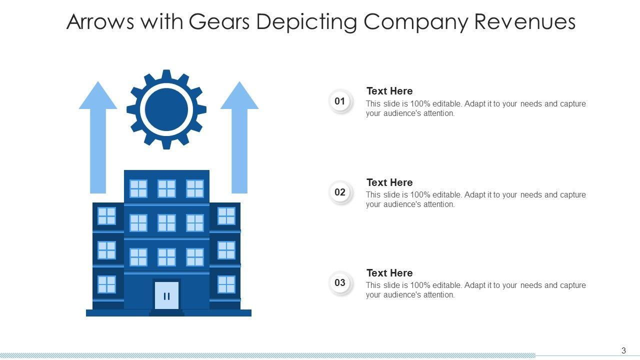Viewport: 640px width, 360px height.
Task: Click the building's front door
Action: (x=166, y=295)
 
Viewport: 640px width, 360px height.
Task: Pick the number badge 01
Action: (x=340, y=101)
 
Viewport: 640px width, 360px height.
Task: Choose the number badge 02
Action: (x=340, y=192)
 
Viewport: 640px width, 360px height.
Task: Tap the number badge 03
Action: (x=340, y=283)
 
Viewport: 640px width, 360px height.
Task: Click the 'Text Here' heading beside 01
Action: (x=389, y=91)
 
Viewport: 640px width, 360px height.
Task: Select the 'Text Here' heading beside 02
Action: (x=389, y=182)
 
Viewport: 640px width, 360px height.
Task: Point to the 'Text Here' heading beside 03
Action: (x=389, y=273)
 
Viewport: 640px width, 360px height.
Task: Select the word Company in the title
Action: (x=413, y=22)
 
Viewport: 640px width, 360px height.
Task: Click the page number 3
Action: (x=623, y=350)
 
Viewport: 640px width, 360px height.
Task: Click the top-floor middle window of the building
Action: (x=166, y=188)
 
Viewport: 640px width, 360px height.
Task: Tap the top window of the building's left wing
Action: (x=106, y=216)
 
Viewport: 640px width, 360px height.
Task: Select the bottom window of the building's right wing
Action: (x=226, y=284)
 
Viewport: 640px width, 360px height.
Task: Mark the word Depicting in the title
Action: (x=313, y=22)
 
